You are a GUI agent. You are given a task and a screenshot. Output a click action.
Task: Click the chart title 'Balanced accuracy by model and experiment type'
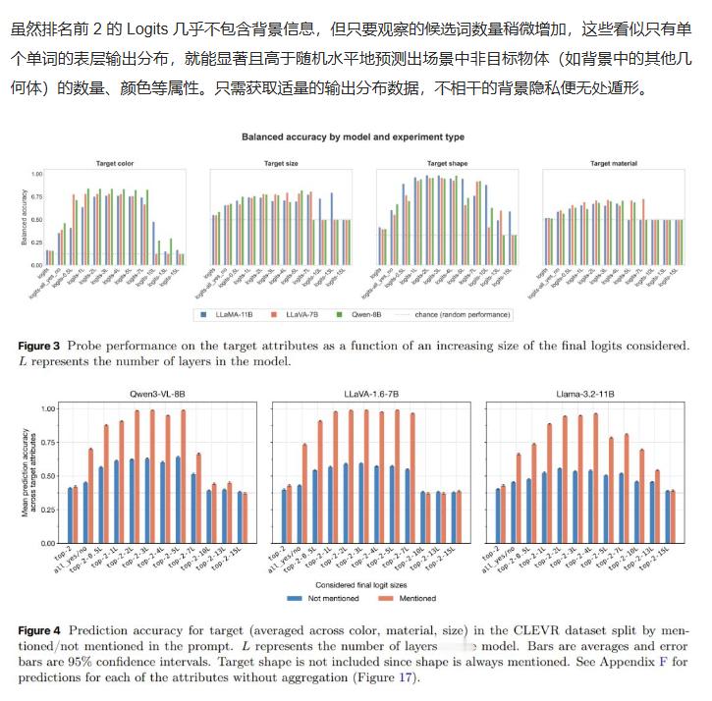(353, 137)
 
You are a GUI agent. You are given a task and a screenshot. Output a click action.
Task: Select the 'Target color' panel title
(116, 163)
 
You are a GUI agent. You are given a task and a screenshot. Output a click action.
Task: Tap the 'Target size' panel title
(282, 163)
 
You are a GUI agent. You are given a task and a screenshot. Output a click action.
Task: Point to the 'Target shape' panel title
(449, 163)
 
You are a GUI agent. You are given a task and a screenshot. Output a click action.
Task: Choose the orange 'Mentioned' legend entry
(412, 598)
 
